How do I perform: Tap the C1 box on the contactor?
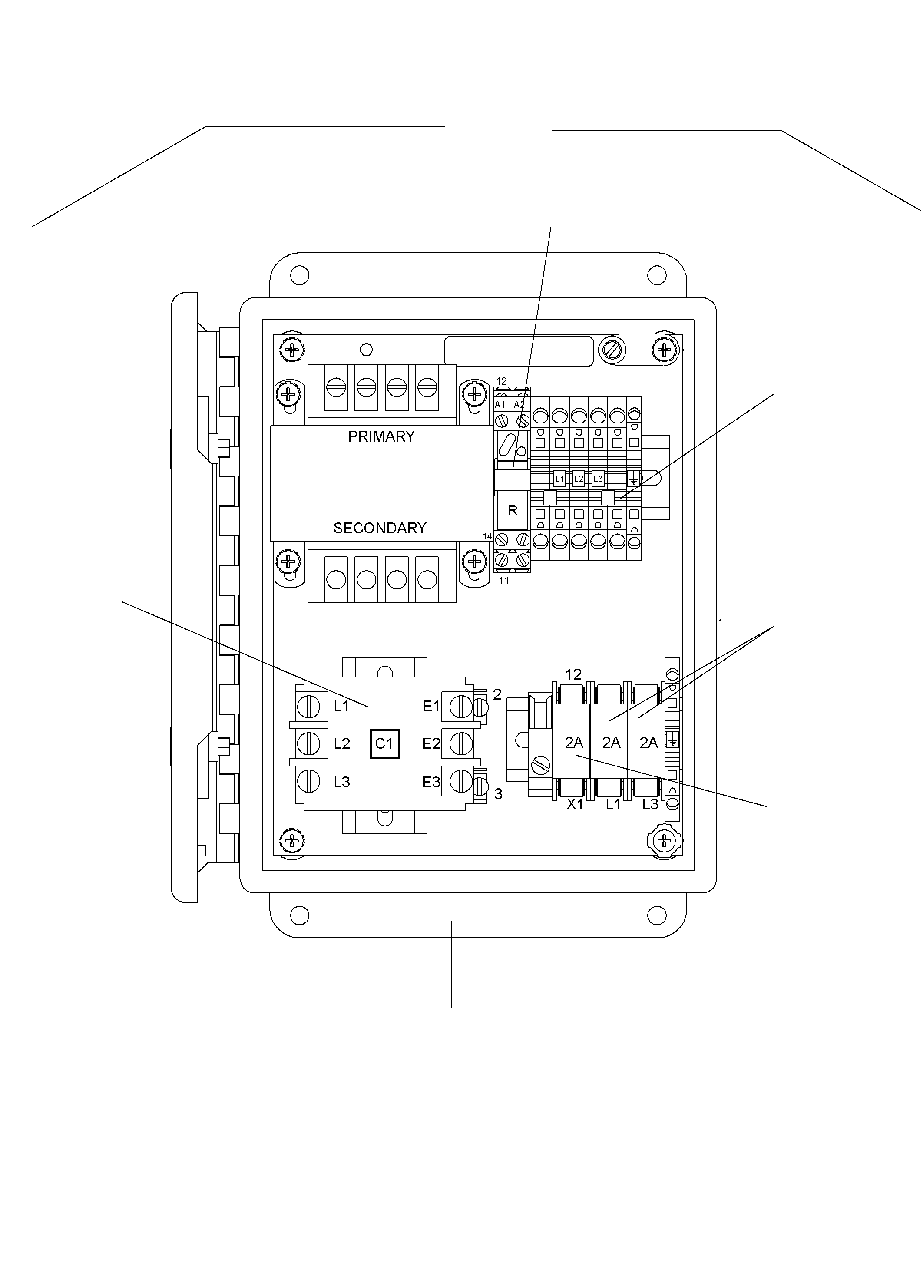[384, 743]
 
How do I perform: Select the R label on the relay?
[513, 510]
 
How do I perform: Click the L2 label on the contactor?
[342, 743]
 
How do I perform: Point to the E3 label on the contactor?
[431, 782]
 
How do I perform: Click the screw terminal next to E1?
[461, 707]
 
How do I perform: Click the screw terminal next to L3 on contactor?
[309, 782]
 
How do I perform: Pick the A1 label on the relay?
[500, 404]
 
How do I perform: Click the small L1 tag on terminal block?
[559, 479]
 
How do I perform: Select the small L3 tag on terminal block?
[598, 479]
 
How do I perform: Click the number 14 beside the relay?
[487, 536]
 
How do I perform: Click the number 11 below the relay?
[504, 581]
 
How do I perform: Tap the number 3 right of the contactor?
[498, 794]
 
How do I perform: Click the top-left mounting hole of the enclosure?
[299, 275]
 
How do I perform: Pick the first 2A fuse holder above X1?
[574, 743]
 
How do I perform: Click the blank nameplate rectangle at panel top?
[519, 351]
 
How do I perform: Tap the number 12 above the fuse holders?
[574, 674]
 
